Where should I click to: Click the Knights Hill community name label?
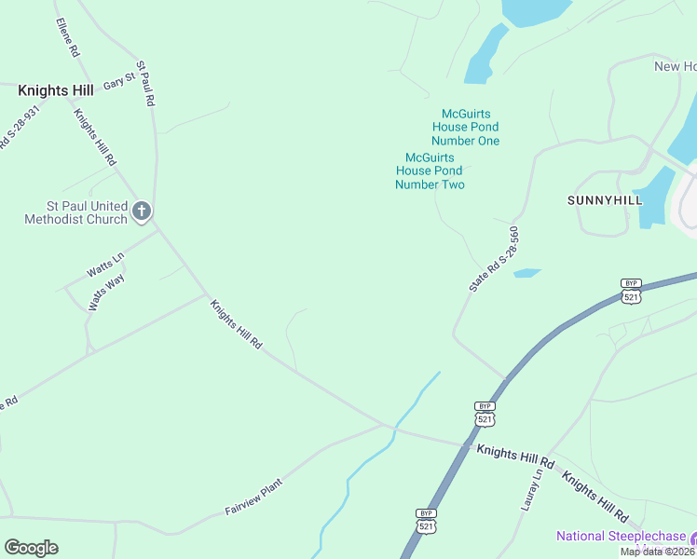(x=55, y=90)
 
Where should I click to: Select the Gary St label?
(x=119, y=83)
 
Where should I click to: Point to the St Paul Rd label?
(x=144, y=84)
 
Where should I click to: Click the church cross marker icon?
(x=142, y=211)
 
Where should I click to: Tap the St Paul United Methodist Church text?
(x=75, y=212)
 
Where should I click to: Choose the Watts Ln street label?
(x=105, y=266)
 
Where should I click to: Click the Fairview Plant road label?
(x=253, y=498)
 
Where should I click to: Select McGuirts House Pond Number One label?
(x=465, y=127)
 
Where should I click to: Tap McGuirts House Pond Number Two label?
(x=430, y=171)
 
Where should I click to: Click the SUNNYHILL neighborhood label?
(x=605, y=200)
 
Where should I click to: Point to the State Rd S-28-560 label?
(x=493, y=260)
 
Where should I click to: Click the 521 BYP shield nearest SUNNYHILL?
(x=632, y=291)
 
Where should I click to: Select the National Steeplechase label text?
(x=622, y=537)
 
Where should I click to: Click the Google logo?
(x=31, y=548)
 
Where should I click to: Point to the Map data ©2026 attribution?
(x=658, y=552)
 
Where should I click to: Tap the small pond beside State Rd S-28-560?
(x=526, y=273)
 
